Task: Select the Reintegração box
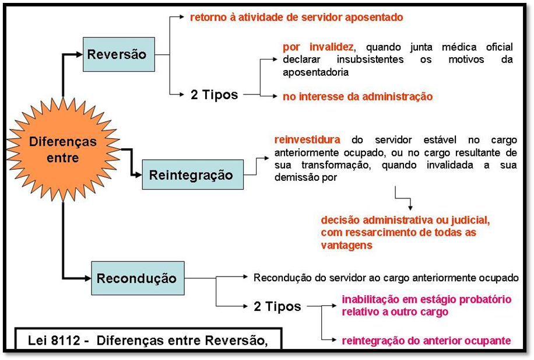pyautogui.click(x=192, y=174)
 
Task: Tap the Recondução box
pyautogui.click(x=138, y=278)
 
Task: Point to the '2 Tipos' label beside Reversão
pyautogui.click(x=214, y=95)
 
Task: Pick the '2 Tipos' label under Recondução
pyautogui.click(x=277, y=306)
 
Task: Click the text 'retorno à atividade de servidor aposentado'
pyautogui.click(x=296, y=18)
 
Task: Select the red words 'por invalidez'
pyautogui.click(x=318, y=47)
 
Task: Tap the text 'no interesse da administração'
pyautogui.click(x=357, y=97)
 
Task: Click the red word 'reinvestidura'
pyautogui.click(x=307, y=140)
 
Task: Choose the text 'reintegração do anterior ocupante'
pyautogui.click(x=426, y=341)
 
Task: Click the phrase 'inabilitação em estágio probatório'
pyautogui.click(x=426, y=299)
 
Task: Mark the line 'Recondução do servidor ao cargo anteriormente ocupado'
pyautogui.click(x=386, y=277)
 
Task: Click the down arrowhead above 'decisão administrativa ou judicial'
pyautogui.click(x=411, y=207)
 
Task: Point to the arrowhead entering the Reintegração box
pyautogui.click(x=138, y=174)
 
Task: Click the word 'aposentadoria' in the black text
pyautogui.click(x=315, y=73)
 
